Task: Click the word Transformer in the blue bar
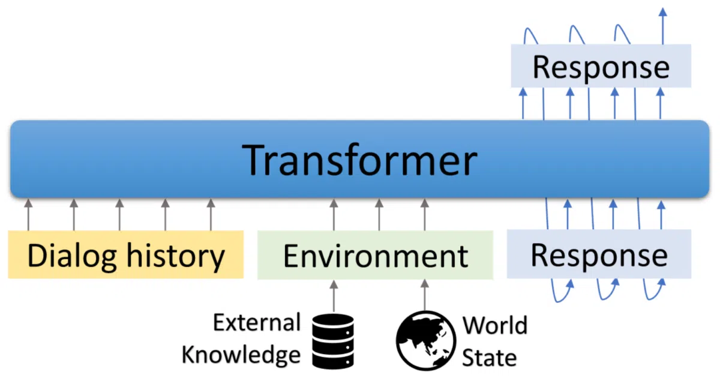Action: [359, 160]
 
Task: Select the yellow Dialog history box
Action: [125, 254]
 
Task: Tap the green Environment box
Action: [375, 255]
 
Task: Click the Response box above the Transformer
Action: [601, 66]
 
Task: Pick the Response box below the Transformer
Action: [599, 254]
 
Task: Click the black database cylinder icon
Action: [333, 341]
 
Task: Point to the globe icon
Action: [426, 341]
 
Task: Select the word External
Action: [257, 322]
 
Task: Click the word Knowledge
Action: [241, 355]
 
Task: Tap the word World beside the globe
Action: [495, 325]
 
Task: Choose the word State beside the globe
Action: [489, 358]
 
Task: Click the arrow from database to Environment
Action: [334, 296]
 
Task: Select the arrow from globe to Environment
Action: [425, 295]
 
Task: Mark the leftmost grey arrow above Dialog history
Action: [28, 214]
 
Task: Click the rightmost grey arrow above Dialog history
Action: [211, 214]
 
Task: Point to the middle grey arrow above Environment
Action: [379, 214]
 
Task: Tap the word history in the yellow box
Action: [175, 256]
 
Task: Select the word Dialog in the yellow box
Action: [71, 256]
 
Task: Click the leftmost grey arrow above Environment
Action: [334, 214]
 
